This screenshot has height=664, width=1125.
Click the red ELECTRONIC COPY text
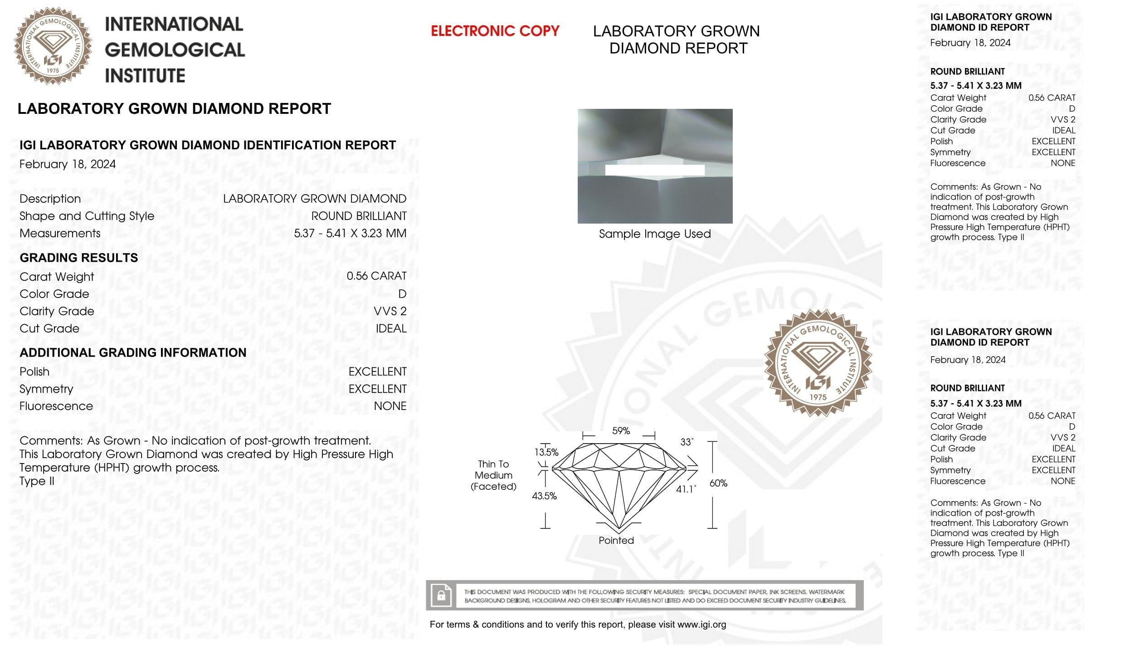[495, 31]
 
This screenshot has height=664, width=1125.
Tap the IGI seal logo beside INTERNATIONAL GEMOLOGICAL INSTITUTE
[53, 46]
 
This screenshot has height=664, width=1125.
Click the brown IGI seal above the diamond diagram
[818, 363]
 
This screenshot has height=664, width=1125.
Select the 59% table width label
[621, 431]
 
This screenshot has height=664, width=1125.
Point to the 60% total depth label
[718, 483]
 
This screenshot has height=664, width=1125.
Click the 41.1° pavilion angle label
[686, 489]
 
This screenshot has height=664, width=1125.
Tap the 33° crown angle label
[687, 442]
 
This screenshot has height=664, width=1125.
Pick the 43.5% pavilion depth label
[544, 496]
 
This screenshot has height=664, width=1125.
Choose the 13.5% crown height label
[546, 452]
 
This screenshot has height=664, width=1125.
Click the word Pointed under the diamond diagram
[616, 540]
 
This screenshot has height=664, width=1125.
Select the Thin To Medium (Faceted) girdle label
[493, 475]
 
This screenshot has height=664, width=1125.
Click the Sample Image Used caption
[655, 234]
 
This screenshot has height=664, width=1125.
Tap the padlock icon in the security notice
[441, 595]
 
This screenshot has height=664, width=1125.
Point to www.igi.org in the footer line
[701, 625]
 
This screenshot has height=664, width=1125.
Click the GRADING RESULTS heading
[79, 258]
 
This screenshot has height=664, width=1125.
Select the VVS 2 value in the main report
[390, 311]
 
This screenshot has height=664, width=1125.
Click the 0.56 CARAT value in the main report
[376, 276]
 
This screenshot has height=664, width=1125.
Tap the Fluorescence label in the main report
[56, 406]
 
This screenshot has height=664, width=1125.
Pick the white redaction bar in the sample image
[655, 170]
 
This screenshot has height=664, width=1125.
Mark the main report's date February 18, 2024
[68, 164]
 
